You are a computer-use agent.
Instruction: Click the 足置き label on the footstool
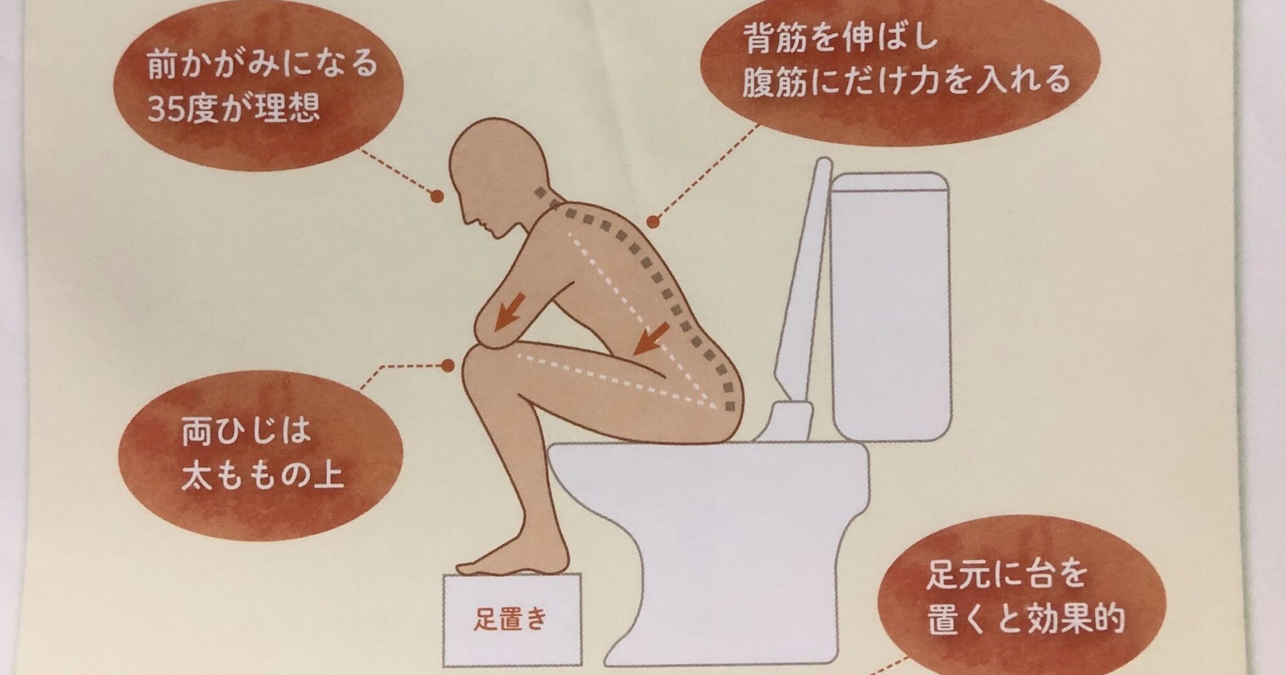click(x=511, y=620)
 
